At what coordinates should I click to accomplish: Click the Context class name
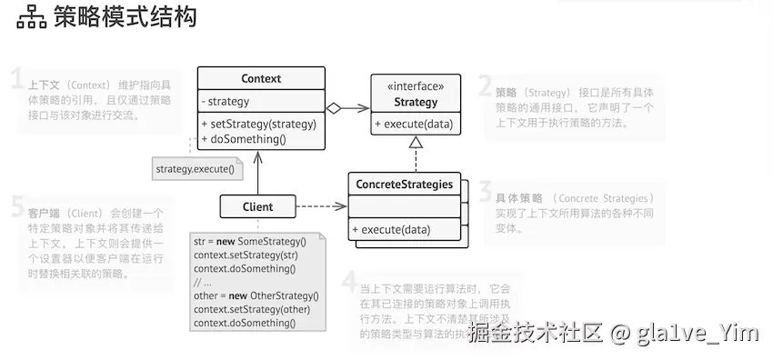point(261,79)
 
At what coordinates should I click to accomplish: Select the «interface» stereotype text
point(416,86)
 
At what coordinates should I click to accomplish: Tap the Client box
point(258,206)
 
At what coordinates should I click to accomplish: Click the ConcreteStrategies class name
point(404,185)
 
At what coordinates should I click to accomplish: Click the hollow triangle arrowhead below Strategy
point(416,142)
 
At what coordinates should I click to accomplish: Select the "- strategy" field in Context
point(226,102)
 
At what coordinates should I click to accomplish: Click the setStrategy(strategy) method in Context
point(258,124)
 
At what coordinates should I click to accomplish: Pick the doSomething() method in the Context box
point(244,139)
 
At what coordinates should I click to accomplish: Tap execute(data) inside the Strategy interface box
point(414,125)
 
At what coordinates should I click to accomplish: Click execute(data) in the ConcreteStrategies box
point(391,229)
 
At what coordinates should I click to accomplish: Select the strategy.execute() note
point(195,168)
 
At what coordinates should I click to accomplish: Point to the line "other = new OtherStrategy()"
point(256,295)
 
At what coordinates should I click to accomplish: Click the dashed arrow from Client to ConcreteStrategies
point(322,206)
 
